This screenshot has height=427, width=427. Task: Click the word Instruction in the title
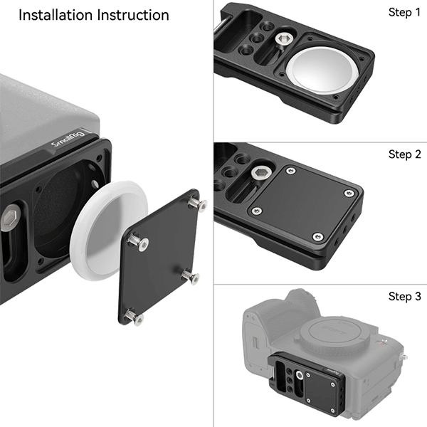tap(131, 15)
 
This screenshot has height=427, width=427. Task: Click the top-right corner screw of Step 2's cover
tap(348, 193)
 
